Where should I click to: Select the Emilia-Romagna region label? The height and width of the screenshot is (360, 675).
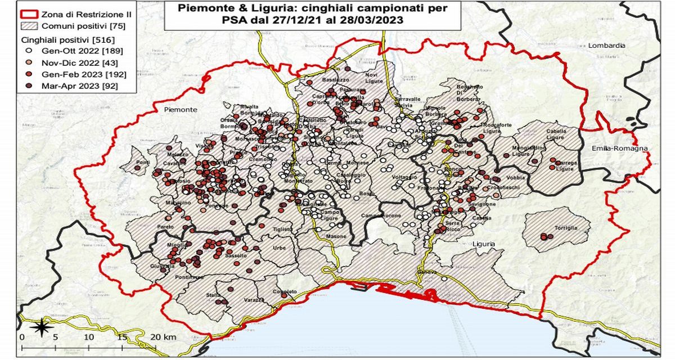[x=619, y=148]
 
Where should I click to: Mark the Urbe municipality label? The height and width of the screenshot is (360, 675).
[x=279, y=248]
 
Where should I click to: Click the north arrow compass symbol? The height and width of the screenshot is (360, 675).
[x=40, y=327]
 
